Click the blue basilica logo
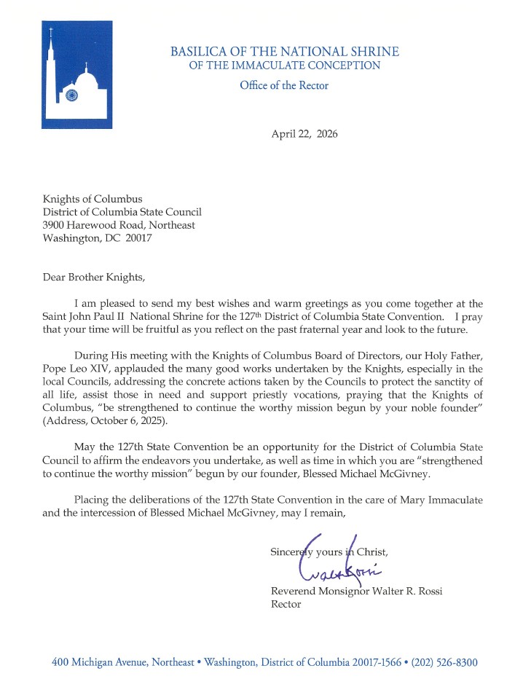click(76, 74)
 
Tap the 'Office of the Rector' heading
click(284, 85)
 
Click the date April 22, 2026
click(304, 134)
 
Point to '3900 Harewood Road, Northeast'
click(119, 224)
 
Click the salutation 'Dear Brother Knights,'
click(93, 277)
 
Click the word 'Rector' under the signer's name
click(286, 604)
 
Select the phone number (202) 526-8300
click(444, 662)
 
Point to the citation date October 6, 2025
click(128, 420)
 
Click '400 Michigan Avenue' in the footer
click(98, 662)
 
